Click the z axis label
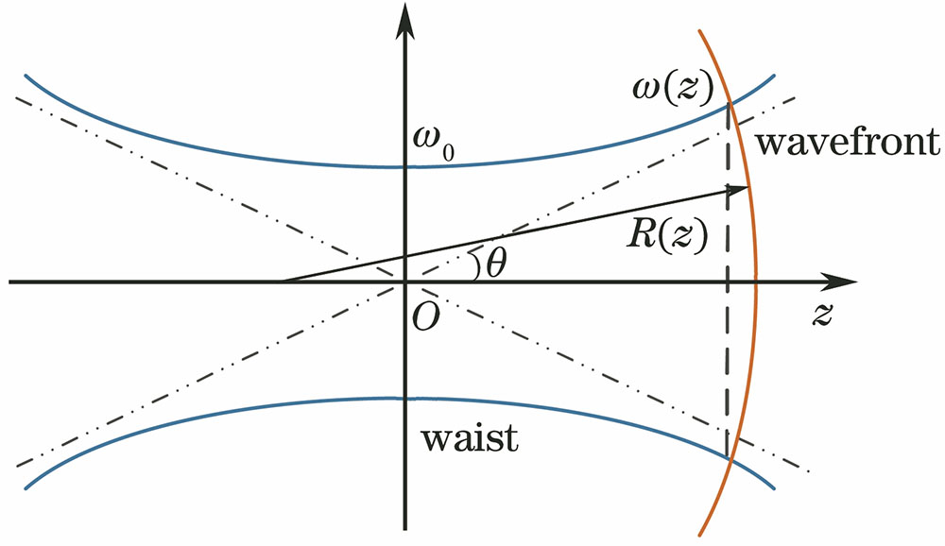[x=821, y=316]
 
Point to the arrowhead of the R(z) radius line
[x=742, y=189]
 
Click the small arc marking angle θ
[x=474, y=265]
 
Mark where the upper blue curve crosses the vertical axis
[x=404, y=167]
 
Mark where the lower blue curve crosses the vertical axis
[x=404, y=398]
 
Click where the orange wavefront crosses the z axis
[x=757, y=282]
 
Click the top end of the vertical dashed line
[x=728, y=106]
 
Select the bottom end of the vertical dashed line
[x=728, y=457]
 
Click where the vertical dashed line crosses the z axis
[x=728, y=282]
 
